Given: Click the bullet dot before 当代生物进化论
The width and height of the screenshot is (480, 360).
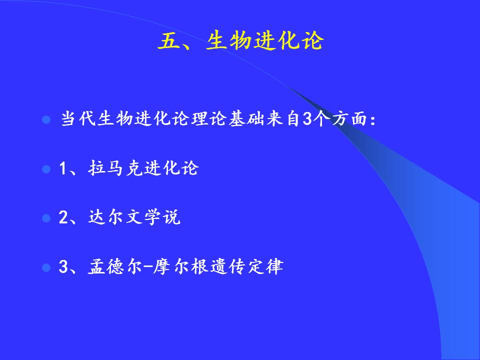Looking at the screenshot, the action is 46,119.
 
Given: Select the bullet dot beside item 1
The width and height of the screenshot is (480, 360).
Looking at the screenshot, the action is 46,169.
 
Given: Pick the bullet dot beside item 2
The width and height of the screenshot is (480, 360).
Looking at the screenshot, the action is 46,218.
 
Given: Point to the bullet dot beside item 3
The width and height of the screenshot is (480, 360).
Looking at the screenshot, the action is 46,267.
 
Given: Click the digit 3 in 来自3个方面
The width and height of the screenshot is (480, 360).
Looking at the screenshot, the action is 306,119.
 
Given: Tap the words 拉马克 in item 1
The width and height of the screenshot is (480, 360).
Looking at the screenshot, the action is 115,168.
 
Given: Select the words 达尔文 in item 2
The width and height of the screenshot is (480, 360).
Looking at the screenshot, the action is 115,217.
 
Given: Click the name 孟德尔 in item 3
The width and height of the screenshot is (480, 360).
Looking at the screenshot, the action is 115,266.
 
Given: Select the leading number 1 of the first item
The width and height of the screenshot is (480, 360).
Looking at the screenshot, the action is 63,168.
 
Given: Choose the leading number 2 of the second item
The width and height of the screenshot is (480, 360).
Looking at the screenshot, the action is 63,217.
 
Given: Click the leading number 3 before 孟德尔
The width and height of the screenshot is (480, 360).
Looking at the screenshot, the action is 63,267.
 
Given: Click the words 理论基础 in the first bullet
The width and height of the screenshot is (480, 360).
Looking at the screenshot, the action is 228,118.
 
